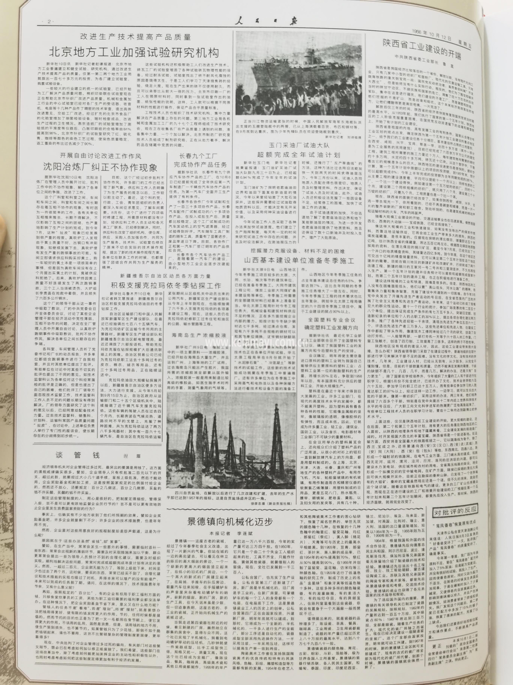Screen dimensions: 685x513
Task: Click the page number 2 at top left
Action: [49, 21]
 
